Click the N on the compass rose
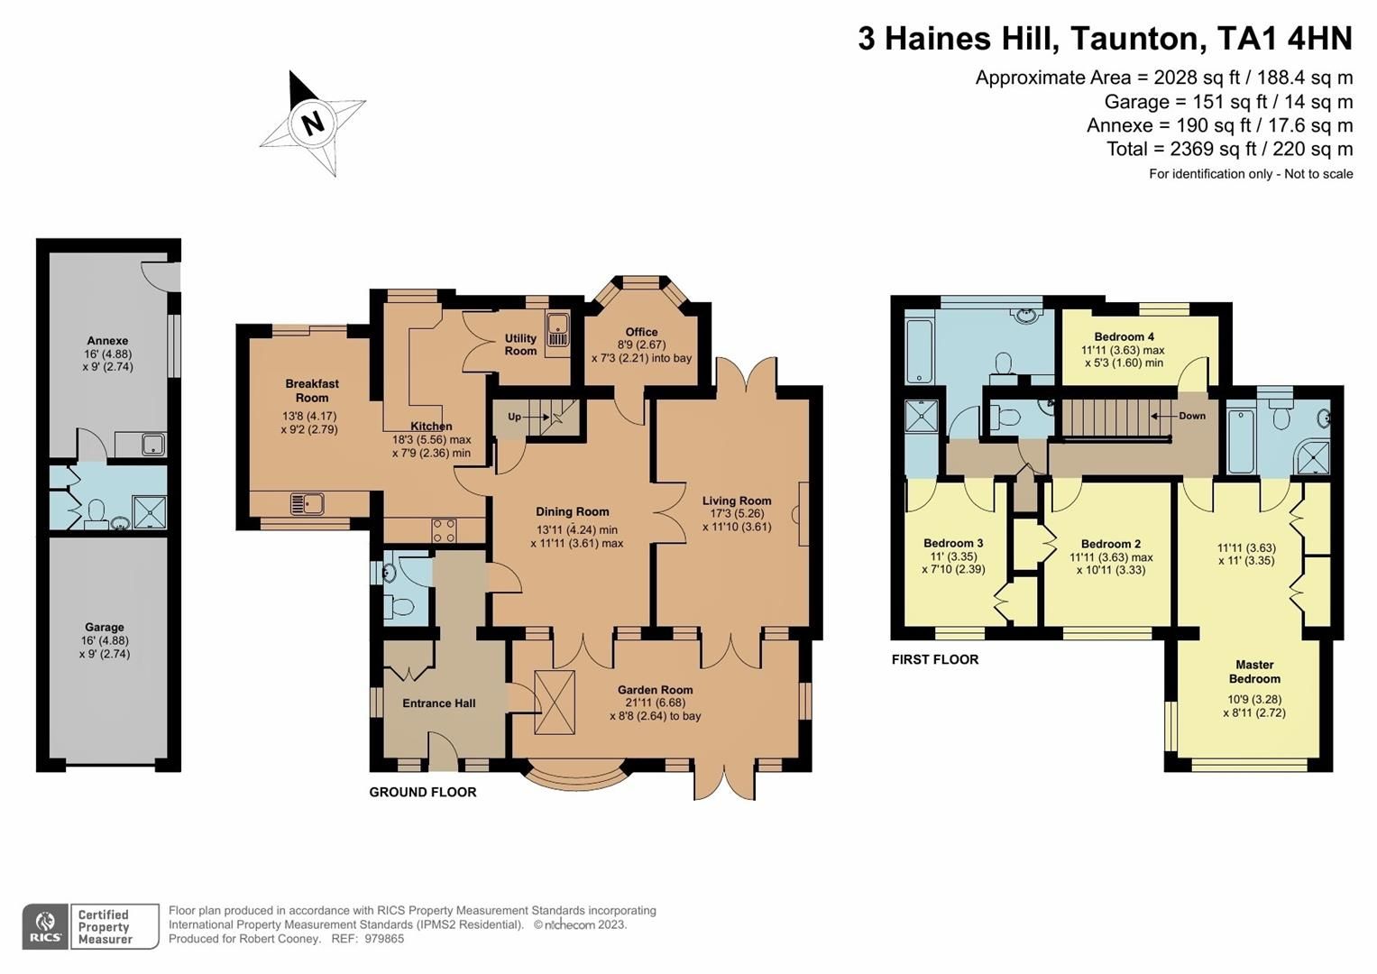(x=313, y=122)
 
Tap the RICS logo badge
(x=45, y=926)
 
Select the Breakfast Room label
(x=312, y=391)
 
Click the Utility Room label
(x=520, y=345)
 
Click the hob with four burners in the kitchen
(x=444, y=530)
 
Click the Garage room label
(x=105, y=627)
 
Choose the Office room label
(x=641, y=332)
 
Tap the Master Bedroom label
(x=1254, y=672)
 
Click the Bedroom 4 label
(x=1123, y=336)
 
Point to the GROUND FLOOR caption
(x=423, y=792)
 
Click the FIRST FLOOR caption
(x=935, y=659)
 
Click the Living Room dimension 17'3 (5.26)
(x=737, y=514)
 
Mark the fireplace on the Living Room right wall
(x=800, y=514)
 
